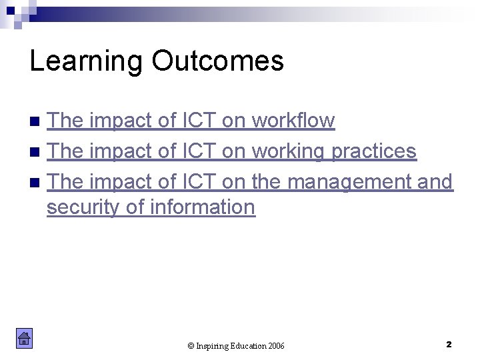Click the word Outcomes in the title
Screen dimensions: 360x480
(x=217, y=61)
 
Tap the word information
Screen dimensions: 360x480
(x=203, y=207)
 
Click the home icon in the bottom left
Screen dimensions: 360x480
(x=24, y=339)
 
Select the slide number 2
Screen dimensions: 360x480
(x=449, y=344)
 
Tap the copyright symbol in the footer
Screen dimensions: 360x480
(x=191, y=346)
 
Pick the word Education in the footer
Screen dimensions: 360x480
(x=247, y=346)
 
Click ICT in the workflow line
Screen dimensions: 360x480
(x=198, y=121)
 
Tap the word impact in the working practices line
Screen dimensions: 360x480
(x=117, y=151)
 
